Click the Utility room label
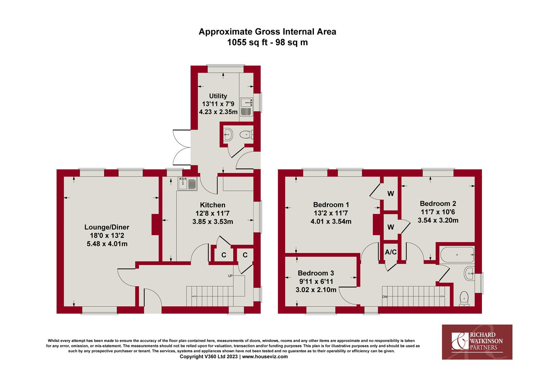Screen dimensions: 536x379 (x=218, y=96)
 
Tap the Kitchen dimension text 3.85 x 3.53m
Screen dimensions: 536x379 (x=213, y=222)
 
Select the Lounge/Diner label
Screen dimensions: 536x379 (x=107, y=227)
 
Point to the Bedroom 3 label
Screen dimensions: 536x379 (x=316, y=273)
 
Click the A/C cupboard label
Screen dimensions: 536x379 (x=391, y=252)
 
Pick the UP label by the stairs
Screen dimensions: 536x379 (x=230, y=276)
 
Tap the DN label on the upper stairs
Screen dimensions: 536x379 (x=385, y=297)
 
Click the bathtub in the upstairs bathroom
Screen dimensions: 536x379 (x=457, y=255)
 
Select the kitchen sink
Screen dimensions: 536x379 (x=187, y=184)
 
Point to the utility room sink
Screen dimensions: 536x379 (x=246, y=107)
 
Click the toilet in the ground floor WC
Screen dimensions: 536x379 (x=247, y=135)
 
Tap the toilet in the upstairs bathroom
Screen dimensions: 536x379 (x=464, y=299)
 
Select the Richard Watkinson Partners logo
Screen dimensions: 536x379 (x=477, y=342)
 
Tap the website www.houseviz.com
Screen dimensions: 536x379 (x=264, y=357)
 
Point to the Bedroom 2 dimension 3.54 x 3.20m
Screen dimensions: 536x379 (x=438, y=220)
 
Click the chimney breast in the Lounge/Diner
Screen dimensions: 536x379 (x=155, y=225)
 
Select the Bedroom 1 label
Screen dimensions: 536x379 (x=331, y=205)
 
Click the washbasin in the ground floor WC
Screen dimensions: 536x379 (x=228, y=135)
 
